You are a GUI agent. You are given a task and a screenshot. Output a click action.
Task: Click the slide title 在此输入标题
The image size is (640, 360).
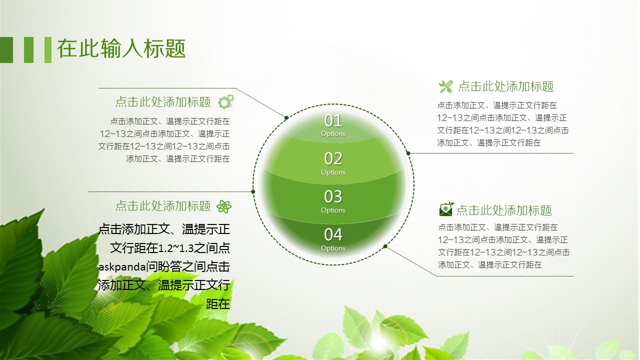121,49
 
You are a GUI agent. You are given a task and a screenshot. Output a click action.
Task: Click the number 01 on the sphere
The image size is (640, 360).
333,121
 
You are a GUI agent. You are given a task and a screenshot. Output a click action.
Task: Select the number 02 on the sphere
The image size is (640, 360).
333,158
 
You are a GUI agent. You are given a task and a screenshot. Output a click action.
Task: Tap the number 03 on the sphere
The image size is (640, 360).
333,196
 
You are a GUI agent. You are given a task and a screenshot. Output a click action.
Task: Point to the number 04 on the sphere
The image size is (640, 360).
333,235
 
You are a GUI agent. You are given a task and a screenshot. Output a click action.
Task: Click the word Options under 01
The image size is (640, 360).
333,134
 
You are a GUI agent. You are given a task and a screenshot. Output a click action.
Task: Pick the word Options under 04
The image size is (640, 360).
333,248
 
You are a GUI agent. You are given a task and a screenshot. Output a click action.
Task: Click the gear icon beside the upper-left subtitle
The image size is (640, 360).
226,101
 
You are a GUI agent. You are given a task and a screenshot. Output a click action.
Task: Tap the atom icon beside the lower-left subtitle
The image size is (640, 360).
224,206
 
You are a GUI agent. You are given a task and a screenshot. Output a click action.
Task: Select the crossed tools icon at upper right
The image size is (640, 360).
445,86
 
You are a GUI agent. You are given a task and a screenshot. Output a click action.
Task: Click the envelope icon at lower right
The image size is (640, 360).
446,209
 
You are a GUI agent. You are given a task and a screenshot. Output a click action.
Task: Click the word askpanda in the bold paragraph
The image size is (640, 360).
122,267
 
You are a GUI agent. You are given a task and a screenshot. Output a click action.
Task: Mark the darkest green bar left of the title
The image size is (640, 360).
6,50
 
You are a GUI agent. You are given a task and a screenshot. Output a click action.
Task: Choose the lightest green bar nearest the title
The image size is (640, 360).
48,50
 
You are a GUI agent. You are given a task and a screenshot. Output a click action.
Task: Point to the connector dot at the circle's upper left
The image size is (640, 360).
286,117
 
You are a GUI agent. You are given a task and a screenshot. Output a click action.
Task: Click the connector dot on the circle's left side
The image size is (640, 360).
253,191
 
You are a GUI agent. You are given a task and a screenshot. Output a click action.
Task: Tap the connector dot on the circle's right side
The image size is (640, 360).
408,153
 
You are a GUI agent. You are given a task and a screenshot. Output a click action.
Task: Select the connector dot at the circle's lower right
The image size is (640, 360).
385,246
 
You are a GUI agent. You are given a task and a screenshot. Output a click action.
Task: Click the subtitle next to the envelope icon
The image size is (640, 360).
504,210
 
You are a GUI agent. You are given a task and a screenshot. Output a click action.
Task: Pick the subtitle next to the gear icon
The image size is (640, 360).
163,102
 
